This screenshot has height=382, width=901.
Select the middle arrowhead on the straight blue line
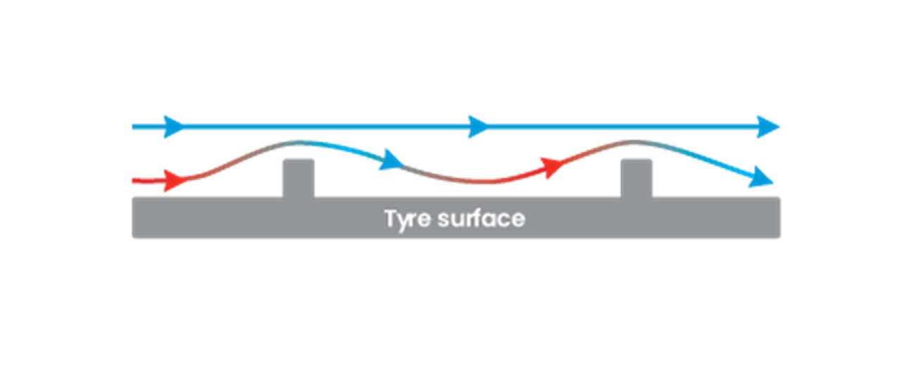pyautogui.click(x=478, y=127)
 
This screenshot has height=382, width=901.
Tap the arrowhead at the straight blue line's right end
pyautogui.click(x=768, y=127)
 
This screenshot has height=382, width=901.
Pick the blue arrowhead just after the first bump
pyautogui.click(x=391, y=160)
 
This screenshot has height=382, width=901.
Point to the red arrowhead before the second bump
pyautogui.click(x=553, y=167)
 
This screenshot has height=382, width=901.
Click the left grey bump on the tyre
pyautogui.click(x=298, y=178)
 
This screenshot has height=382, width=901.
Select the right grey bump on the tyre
pyautogui.click(x=636, y=178)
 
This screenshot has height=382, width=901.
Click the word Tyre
pyautogui.click(x=408, y=220)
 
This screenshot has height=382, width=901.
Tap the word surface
pyautogui.click(x=481, y=218)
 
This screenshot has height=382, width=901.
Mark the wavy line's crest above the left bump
pyautogui.click(x=298, y=142)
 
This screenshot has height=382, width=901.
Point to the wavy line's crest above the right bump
pyautogui.click(x=632, y=142)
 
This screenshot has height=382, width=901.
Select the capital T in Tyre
pyautogui.click(x=391, y=218)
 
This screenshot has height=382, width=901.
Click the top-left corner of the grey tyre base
pyautogui.click(x=133, y=198)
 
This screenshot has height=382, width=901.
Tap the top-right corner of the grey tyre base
pyautogui.click(x=780, y=198)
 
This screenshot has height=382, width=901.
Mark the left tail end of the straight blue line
pyautogui.click(x=133, y=127)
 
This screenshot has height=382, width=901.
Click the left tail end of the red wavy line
pyautogui.click(x=133, y=181)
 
